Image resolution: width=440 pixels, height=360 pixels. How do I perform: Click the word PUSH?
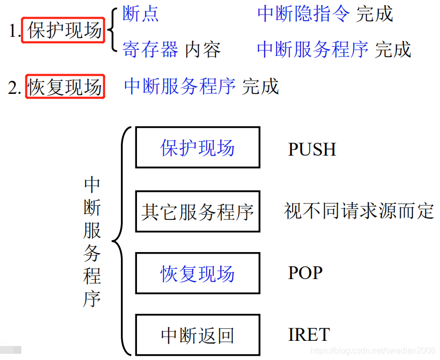(312, 149)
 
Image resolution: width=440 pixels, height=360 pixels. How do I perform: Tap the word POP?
(305, 273)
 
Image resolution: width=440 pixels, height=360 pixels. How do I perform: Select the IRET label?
(309, 335)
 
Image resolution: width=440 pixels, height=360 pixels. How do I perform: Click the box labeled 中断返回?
(197, 335)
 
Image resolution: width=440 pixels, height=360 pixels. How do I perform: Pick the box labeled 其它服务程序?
(197, 211)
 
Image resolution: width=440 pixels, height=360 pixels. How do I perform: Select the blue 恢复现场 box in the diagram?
(197, 273)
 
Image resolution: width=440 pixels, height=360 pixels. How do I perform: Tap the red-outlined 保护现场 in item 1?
(64, 31)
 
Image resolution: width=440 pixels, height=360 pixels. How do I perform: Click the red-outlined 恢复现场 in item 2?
(65, 87)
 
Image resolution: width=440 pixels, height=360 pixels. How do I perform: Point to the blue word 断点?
(141, 14)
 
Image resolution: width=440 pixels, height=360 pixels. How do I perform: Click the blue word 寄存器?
(150, 50)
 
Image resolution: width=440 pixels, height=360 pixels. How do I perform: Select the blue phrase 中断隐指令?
(304, 14)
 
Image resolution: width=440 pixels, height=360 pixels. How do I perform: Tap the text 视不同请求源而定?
(359, 211)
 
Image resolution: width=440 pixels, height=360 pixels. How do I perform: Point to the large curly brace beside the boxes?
(119, 241)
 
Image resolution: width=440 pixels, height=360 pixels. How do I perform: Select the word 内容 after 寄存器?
(203, 50)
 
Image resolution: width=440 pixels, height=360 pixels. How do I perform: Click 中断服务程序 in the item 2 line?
(180, 86)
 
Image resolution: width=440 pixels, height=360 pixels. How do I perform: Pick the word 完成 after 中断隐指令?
(375, 14)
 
